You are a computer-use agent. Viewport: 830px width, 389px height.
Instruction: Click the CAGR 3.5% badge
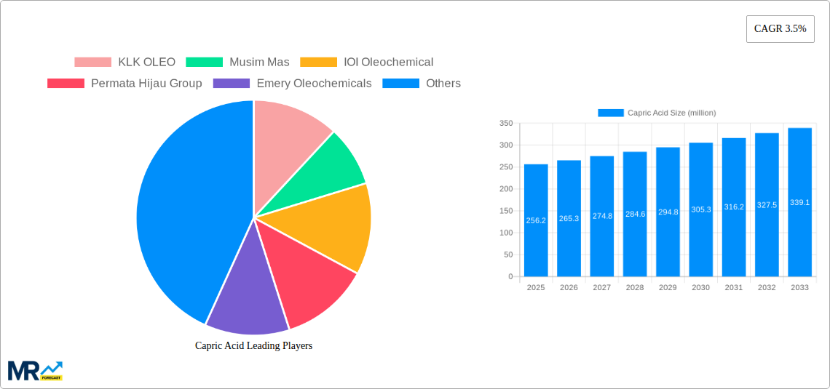tap(780, 29)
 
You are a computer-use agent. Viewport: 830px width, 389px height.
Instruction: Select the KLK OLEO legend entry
tap(125, 63)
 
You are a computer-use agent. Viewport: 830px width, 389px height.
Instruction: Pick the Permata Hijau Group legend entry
tap(125, 84)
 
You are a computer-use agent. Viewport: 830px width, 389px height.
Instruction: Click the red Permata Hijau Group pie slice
tap(309, 280)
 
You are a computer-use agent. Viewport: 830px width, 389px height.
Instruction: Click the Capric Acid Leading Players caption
tap(253, 346)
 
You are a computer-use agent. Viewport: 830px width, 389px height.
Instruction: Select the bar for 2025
tap(536, 220)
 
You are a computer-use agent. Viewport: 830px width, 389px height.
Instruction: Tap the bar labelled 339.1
tap(799, 202)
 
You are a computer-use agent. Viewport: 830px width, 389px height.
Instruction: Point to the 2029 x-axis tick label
tap(668, 288)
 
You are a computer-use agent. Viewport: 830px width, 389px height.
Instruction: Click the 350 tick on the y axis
tap(505, 124)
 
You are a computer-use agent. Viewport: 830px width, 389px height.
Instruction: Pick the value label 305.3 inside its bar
tap(700, 209)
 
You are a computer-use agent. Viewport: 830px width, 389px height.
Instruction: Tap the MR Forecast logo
tap(35, 370)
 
